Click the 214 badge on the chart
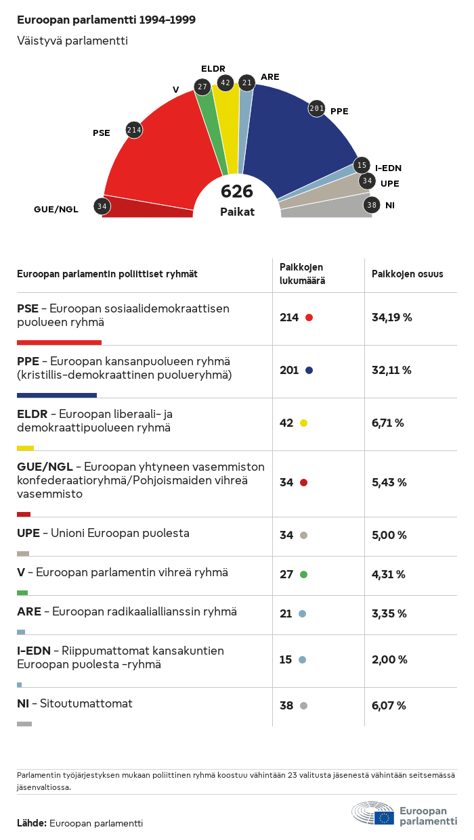tap(134, 130)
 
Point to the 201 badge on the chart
tap(317, 108)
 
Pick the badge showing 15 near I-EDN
tap(362, 165)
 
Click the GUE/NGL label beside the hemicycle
tap(56, 209)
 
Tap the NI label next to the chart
tap(390, 205)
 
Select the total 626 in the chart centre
tap(237, 192)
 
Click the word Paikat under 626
tap(237, 212)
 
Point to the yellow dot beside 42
tap(303, 423)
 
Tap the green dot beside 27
tap(303, 574)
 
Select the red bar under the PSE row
tap(59, 342)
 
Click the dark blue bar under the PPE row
tap(57, 395)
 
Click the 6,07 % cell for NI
tap(389, 705)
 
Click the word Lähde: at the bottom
tap(31, 823)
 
